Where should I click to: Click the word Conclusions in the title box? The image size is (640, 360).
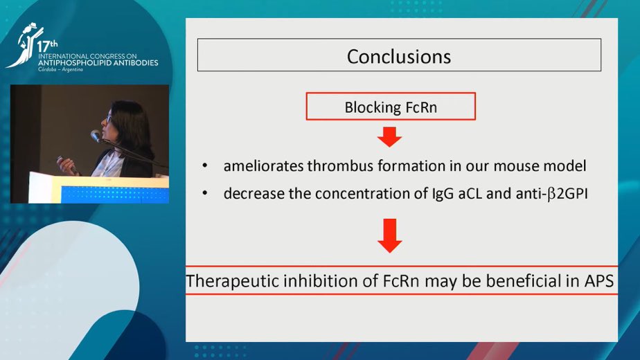point(398,56)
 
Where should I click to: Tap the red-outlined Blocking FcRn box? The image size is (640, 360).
point(391,107)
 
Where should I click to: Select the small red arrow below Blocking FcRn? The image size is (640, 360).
point(390,138)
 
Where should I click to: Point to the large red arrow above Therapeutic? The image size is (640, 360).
point(390,236)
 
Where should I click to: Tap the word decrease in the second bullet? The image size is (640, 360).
point(251,194)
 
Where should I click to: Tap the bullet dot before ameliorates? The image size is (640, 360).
point(205,167)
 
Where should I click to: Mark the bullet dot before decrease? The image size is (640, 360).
point(205,195)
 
